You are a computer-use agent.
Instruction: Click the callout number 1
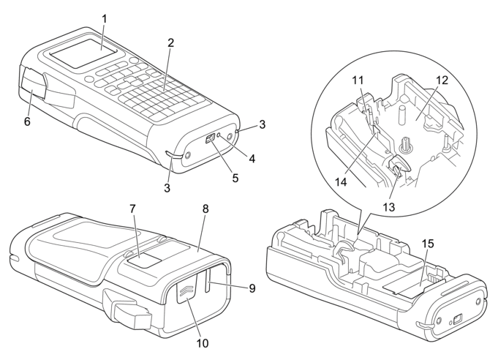(x=104, y=19)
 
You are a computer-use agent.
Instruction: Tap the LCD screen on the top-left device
(x=82, y=53)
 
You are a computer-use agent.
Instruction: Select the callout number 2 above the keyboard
(x=171, y=43)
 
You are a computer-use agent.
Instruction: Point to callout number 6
(x=27, y=121)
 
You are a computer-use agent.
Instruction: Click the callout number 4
(x=252, y=158)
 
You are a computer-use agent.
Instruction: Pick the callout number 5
(x=235, y=178)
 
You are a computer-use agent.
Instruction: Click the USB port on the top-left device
(x=210, y=139)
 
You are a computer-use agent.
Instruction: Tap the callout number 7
(x=133, y=209)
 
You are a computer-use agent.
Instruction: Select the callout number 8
(x=205, y=209)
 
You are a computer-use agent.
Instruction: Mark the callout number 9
(x=252, y=288)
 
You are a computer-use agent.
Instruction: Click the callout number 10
(x=203, y=343)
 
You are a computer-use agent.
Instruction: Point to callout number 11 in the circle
(x=358, y=80)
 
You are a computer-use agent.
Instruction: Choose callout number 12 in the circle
(x=442, y=80)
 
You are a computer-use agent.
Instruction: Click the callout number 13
(x=389, y=207)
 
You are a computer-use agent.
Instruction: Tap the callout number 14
(x=341, y=182)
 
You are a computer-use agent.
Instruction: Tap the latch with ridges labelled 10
(x=186, y=288)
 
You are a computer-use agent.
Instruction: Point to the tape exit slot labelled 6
(x=33, y=83)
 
